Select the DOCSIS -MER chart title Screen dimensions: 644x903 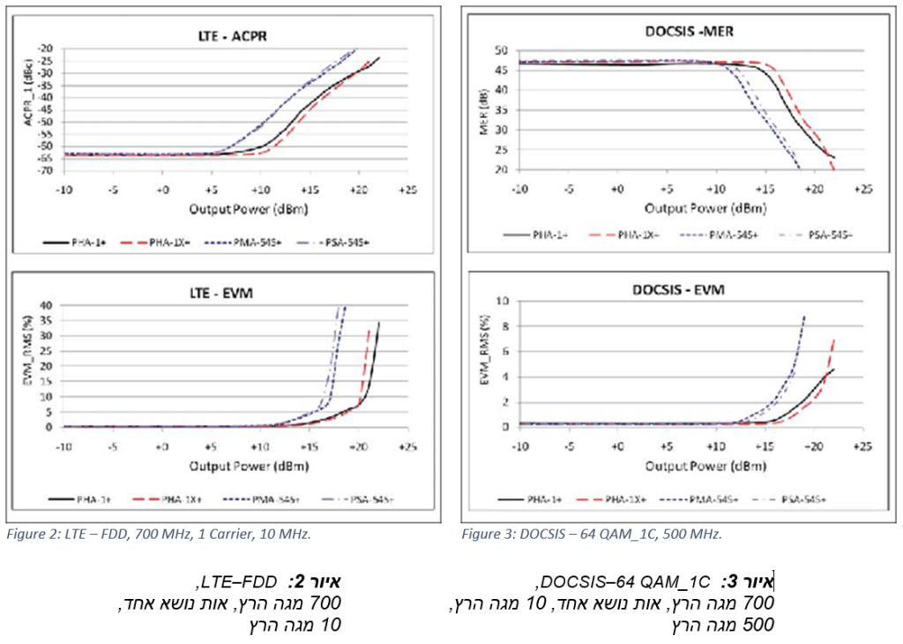click(684, 32)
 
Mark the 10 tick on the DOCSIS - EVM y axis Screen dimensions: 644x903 click(503, 301)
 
